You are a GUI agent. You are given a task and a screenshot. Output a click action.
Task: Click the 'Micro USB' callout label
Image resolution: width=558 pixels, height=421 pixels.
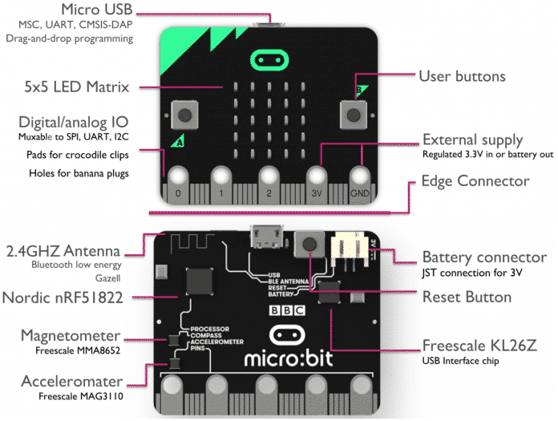click(97, 10)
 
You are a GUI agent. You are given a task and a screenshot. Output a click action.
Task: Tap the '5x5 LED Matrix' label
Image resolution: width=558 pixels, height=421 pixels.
click(76, 87)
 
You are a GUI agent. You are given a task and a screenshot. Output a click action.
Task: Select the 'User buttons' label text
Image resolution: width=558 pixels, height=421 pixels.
click(462, 76)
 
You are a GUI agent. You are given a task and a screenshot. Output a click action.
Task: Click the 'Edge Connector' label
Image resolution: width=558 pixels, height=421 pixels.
click(475, 180)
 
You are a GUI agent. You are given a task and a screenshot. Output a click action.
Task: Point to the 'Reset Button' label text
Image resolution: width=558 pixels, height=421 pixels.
click(467, 297)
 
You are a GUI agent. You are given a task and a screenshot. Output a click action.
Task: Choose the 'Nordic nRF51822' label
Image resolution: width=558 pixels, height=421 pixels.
click(63, 298)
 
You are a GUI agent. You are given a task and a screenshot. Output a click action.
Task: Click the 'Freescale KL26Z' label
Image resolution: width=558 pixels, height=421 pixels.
click(479, 345)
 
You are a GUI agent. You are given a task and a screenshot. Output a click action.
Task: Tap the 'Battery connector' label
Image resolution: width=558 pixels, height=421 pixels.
click(484, 257)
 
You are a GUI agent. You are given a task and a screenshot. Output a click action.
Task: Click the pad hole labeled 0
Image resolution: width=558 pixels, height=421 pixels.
click(178, 177)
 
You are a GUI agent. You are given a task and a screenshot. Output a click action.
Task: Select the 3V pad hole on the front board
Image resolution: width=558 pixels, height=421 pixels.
click(317, 177)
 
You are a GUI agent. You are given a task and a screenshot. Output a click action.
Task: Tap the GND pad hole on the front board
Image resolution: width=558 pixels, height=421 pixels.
click(360, 177)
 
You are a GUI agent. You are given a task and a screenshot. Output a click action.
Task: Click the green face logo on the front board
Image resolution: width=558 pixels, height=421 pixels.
click(269, 60)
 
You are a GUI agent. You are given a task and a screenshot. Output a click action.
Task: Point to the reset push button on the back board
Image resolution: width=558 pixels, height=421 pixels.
click(309, 244)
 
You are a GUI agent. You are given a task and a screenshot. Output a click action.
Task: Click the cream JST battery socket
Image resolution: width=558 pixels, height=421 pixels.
click(350, 249)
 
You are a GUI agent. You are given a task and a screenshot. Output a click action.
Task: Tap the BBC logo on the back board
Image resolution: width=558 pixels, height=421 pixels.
click(287, 310)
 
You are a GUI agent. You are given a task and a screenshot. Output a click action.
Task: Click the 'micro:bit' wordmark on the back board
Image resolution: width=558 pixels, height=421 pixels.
click(289, 358)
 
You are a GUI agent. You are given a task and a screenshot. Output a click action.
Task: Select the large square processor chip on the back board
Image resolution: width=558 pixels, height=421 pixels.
click(200, 281)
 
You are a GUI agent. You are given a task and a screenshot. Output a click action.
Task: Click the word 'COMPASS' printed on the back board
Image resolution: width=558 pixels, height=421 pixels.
click(206, 335)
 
